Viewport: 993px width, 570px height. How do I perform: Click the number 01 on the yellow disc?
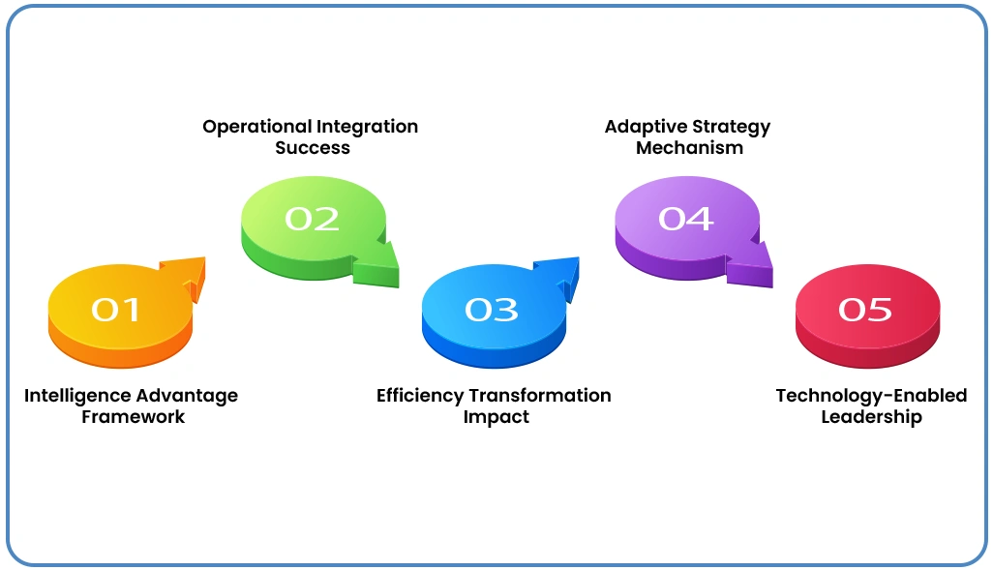117,310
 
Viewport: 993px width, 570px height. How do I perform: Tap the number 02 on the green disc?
312,219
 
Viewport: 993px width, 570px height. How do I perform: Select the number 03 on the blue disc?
492,310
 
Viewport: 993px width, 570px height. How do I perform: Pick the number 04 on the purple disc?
685,219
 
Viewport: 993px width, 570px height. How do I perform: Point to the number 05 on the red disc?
865,310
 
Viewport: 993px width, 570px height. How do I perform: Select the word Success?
312,148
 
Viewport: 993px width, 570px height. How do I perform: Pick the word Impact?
496,417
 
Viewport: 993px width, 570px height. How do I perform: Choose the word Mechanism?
689,148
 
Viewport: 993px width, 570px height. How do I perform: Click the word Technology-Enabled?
871,396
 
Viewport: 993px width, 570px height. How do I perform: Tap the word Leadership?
871,417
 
